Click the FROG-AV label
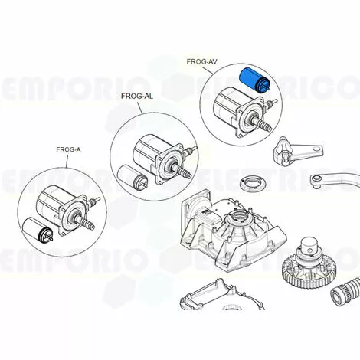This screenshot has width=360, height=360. tap(201, 61)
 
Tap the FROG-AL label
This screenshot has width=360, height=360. tap(137, 97)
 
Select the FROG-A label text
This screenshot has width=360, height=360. tap(68, 149)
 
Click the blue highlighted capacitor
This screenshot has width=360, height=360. tap(254, 80)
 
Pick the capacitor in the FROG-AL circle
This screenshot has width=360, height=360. tap(132, 177)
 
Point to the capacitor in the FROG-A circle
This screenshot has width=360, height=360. tap(38, 229)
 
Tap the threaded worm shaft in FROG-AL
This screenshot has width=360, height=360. tap(182, 171)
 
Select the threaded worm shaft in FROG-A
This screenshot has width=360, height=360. tap(86, 222)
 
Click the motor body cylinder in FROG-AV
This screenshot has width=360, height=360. tap(227, 104)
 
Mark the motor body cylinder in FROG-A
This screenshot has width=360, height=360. tap(51, 203)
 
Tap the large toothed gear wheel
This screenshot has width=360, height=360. tap(309, 270)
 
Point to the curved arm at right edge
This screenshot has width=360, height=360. tap(335, 181)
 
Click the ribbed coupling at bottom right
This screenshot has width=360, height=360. tap(345, 293)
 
